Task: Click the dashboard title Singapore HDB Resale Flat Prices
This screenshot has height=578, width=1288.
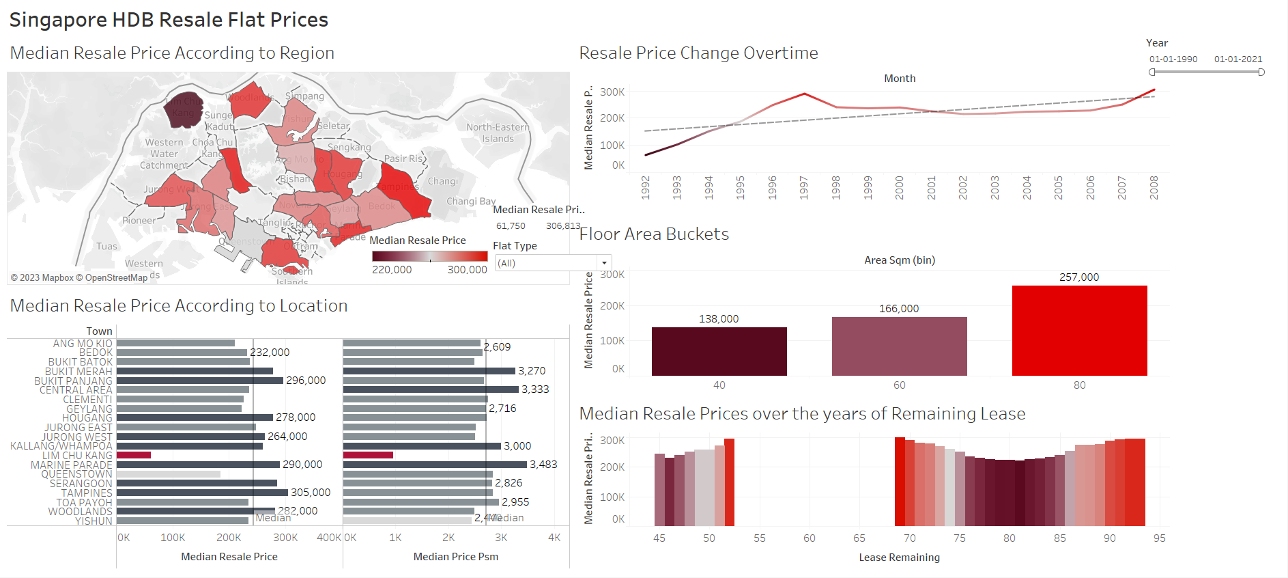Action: [169, 20]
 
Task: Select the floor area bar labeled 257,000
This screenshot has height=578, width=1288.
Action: [1079, 330]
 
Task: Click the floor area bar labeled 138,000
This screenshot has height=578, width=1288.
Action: [719, 351]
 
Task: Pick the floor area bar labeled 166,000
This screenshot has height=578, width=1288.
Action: [899, 346]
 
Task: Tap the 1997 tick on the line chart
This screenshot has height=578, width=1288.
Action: [804, 187]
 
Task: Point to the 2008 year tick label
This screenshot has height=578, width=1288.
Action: [1154, 187]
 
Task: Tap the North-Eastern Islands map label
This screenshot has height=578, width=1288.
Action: [498, 133]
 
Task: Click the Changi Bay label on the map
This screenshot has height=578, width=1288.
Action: [471, 201]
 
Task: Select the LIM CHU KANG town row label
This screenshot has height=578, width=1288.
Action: [77, 456]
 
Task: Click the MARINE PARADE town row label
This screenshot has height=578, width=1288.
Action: [71, 465]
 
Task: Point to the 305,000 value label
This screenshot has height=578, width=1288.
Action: [311, 493]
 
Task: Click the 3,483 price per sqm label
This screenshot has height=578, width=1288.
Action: [543, 465]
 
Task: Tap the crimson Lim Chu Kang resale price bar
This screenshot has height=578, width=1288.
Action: [134, 455]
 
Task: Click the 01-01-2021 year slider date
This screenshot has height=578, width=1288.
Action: [1238, 59]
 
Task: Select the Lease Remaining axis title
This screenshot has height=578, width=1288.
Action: [899, 558]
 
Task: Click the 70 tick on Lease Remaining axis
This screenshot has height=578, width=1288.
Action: [909, 538]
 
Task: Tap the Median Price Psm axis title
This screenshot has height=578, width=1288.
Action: [455, 557]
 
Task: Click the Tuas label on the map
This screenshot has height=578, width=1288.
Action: [106, 247]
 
